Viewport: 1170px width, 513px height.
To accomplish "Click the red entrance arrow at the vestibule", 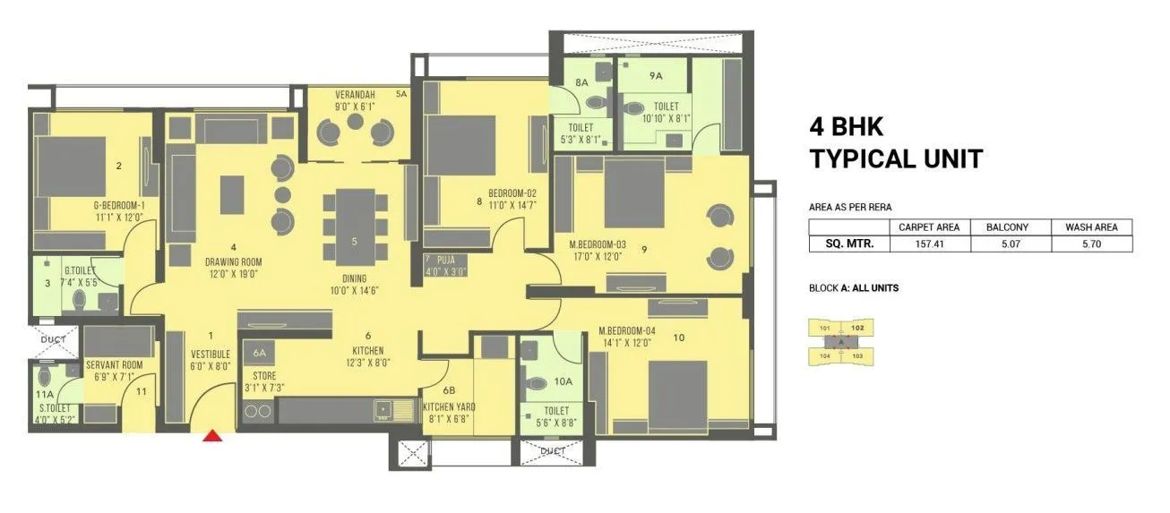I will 212,436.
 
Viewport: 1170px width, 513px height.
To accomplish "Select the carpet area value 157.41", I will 929,243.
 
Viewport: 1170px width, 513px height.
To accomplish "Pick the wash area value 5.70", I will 1091,243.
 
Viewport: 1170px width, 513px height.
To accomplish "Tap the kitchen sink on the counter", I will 386,411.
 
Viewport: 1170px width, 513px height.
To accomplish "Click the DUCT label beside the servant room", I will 54,340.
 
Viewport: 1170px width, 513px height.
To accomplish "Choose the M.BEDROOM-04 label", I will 627,330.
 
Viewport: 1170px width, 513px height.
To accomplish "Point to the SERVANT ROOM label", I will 115,365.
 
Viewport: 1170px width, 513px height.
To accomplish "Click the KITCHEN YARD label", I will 450,406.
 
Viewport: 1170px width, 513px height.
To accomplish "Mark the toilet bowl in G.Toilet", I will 79,299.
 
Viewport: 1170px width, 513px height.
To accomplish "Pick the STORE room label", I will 263,376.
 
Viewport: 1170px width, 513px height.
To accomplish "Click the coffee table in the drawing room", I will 232,194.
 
